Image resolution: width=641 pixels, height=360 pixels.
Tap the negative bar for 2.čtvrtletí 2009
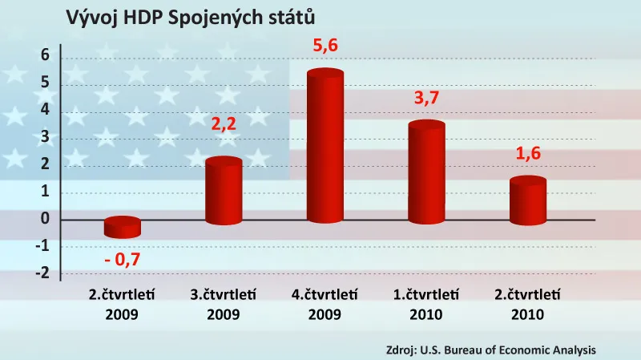click(123, 228)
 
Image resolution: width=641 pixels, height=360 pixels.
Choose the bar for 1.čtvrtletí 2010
click(426, 173)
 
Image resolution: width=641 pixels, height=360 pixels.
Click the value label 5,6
click(325, 47)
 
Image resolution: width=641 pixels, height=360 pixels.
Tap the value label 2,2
click(224, 124)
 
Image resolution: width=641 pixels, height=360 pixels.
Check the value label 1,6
click(528, 155)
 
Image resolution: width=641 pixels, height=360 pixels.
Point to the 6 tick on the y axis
click(46, 55)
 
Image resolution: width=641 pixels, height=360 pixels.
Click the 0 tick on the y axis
click(46, 219)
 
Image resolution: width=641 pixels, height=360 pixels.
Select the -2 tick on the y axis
click(42, 273)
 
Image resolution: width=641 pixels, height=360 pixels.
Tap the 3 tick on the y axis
click(46, 137)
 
